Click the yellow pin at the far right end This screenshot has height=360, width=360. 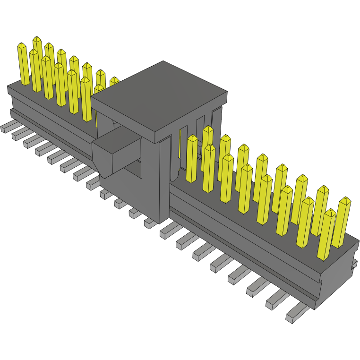click(x=342, y=222)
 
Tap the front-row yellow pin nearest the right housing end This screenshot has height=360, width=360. click(x=326, y=234)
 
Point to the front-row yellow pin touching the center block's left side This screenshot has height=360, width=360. click(x=86, y=99)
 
